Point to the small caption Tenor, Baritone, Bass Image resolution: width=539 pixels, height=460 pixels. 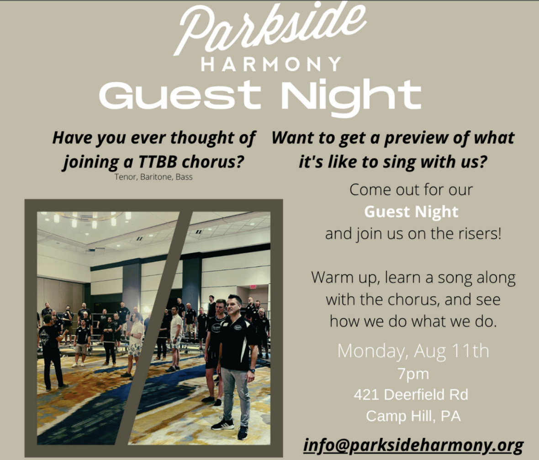click(153, 177)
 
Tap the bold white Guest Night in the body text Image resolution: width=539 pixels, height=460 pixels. click(411, 212)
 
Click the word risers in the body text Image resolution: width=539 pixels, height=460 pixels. click(480, 234)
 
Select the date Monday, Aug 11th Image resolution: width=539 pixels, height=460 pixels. click(413, 351)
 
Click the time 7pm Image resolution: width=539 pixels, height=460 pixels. click(413, 374)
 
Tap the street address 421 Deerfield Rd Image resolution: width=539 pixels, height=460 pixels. click(411, 395)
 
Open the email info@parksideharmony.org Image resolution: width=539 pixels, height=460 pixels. click(413, 445)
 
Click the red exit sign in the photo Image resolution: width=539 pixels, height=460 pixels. click(253, 287)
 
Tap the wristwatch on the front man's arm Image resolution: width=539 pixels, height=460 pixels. click(253, 371)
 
